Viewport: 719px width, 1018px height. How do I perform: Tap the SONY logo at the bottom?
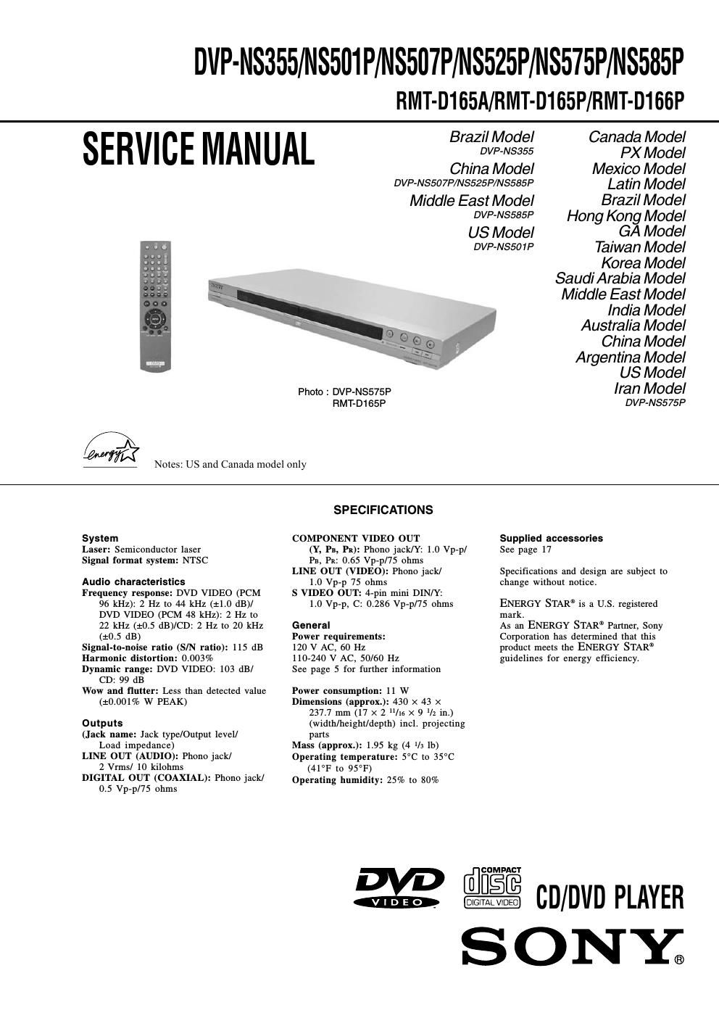click(x=573, y=947)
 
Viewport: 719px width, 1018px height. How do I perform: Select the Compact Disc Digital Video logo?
click(x=492, y=888)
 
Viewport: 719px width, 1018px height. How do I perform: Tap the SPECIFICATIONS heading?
click(x=383, y=510)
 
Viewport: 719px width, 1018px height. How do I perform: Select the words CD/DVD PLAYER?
click(x=610, y=898)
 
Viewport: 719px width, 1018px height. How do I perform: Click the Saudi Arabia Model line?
click(x=620, y=278)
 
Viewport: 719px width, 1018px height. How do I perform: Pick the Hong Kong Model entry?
click(x=626, y=216)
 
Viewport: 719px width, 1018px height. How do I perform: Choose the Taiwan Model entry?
click(x=639, y=247)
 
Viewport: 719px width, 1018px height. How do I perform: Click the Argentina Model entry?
click(x=630, y=357)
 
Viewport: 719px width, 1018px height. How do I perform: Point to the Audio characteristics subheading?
click(x=133, y=582)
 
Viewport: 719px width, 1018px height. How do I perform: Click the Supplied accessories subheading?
click(x=551, y=538)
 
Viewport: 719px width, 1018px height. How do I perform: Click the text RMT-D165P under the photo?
click(x=359, y=403)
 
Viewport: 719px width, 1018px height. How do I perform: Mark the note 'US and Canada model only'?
click(x=230, y=464)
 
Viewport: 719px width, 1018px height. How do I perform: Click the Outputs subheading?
click(x=102, y=723)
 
